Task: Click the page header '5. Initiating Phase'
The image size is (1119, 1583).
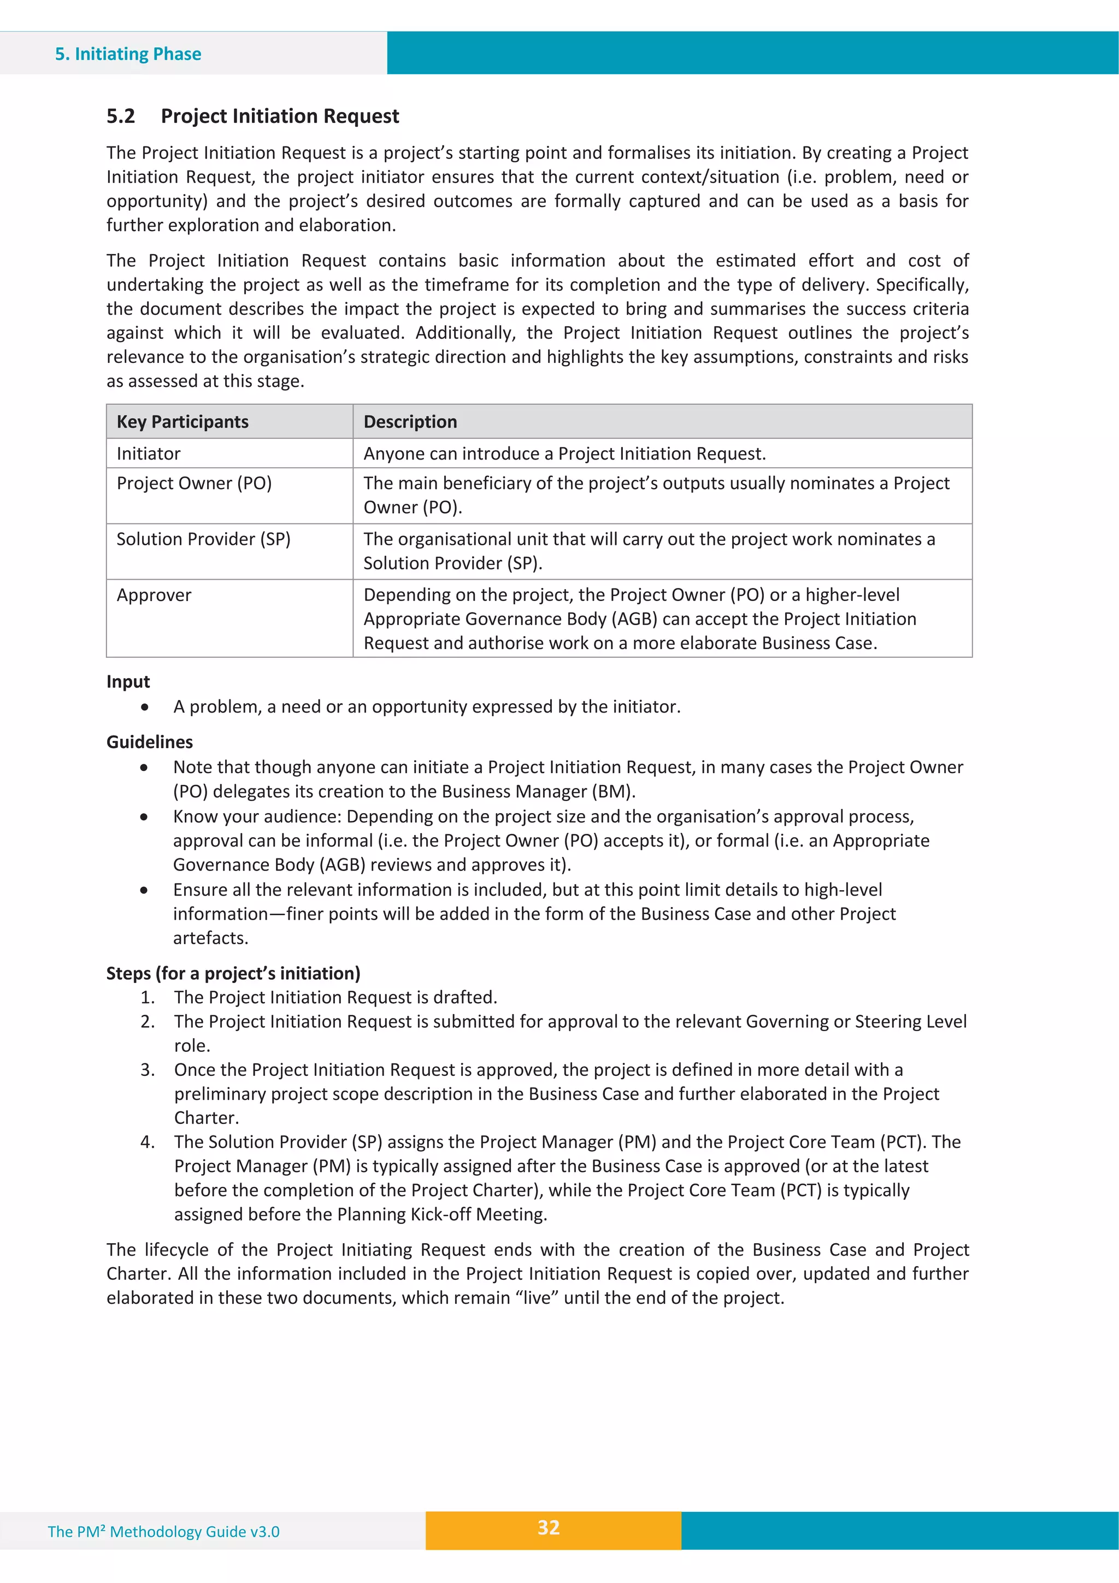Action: (x=128, y=54)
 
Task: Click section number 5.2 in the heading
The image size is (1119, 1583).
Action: (x=121, y=116)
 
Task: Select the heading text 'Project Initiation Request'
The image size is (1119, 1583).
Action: (x=280, y=116)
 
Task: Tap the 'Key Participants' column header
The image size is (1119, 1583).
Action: (x=182, y=422)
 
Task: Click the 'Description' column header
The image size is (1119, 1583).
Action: (x=410, y=422)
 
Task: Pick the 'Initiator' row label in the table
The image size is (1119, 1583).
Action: (x=148, y=454)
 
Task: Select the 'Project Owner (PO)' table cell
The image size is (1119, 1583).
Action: (x=195, y=483)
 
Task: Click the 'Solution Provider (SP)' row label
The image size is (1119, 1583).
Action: (x=203, y=539)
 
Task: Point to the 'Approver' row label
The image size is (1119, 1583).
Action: (x=154, y=595)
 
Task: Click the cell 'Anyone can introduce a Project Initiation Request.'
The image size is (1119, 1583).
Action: (x=564, y=454)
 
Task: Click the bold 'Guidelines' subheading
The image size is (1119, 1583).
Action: (x=150, y=742)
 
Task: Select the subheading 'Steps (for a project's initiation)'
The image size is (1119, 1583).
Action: (x=233, y=974)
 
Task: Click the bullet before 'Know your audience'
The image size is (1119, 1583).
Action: (x=144, y=817)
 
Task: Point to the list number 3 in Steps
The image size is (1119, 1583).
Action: (x=147, y=1070)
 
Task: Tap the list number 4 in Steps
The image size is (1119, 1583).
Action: (x=147, y=1143)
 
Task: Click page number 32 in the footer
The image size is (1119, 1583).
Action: (x=549, y=1527)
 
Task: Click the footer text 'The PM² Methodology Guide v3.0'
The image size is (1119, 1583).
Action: (x=163, y=1532)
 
